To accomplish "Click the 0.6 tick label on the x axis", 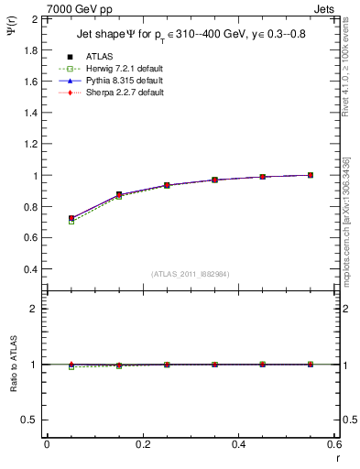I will (x=333, y=443).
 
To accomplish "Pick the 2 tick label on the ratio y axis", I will (x=33, y=309).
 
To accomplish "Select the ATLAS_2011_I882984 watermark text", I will (x=190, y=274).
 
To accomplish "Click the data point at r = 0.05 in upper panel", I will (x=71, y=219).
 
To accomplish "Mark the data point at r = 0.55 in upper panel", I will (x=311, y=175).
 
